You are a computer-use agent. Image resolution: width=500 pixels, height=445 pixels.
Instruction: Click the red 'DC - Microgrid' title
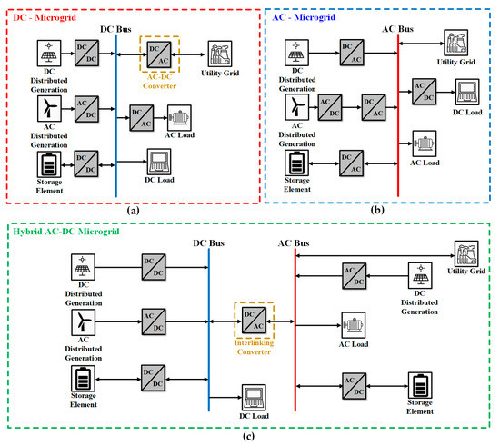pos(46,12)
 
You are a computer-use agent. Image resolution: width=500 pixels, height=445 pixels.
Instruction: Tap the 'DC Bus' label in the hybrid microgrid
pos(210,243)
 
